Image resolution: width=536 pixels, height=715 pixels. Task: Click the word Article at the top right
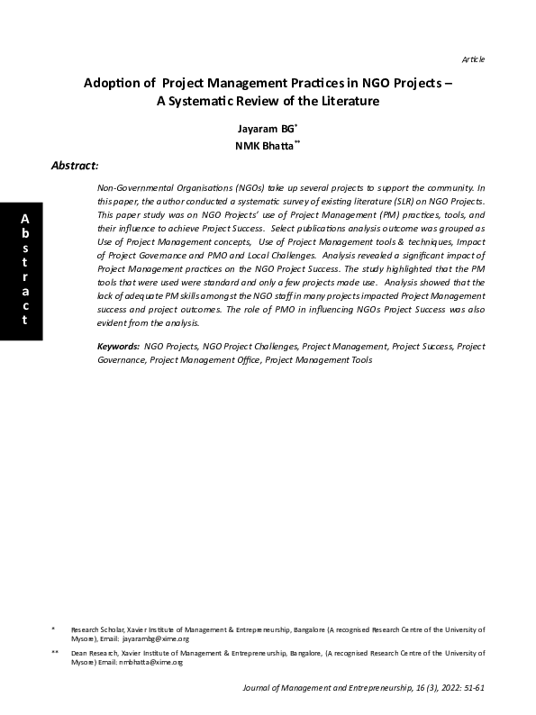[473, 59]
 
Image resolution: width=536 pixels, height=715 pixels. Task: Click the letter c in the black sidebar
[24, 306]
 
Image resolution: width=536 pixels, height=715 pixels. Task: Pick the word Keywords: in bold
[117, 346]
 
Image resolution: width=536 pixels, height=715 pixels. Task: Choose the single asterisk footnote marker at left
[53, 629]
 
